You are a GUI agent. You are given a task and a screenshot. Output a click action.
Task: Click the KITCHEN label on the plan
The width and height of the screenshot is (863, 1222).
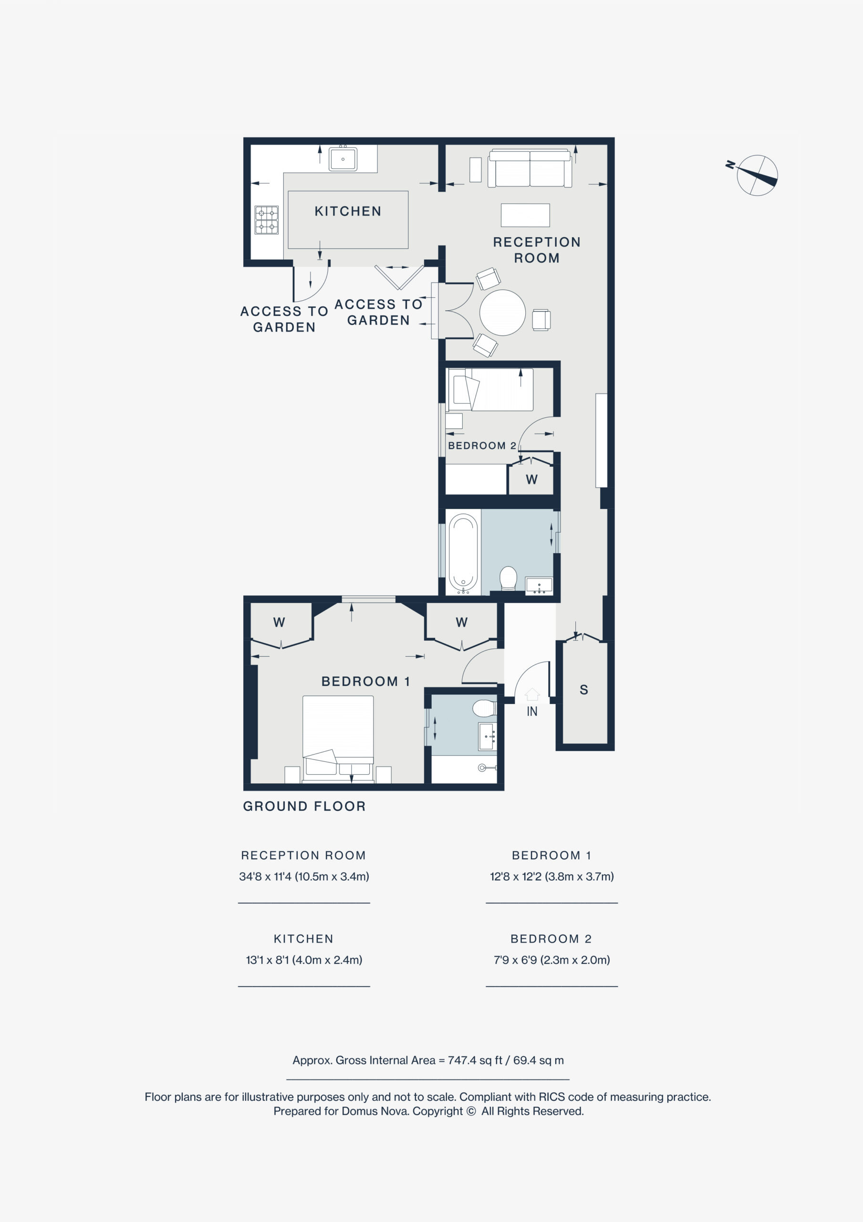coord(348,211)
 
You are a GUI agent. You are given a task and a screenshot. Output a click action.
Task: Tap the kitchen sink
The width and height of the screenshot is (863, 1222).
coord(343,158)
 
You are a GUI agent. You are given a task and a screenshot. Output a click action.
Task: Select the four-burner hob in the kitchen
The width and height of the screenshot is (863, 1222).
coord(267,220)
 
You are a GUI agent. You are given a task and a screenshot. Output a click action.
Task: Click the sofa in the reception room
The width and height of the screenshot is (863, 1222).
coord(530,168)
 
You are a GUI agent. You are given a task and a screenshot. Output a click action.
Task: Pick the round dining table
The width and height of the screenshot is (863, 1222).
coord(502,312)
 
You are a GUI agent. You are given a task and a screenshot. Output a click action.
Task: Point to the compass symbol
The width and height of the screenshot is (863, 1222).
coord(757,175)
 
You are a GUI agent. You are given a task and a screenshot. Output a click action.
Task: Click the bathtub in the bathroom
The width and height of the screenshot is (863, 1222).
coord(463,554)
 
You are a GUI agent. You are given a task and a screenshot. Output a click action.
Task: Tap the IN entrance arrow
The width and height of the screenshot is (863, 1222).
coord(532,694)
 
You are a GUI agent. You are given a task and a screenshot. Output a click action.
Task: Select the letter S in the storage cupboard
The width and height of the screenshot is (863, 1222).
coord(583,690)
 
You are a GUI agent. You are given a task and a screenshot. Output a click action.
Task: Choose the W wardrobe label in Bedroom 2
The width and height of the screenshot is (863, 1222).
coord(531,480)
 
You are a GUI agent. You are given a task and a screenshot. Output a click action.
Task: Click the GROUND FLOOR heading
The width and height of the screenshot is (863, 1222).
coord(304,806)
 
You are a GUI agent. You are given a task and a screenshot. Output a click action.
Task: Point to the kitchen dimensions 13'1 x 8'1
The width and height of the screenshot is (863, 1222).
coord(304,960)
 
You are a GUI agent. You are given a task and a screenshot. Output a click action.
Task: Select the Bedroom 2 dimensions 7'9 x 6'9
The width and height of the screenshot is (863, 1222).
coord(552,960)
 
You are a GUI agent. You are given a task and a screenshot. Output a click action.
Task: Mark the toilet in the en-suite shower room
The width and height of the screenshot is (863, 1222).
coord(484,708)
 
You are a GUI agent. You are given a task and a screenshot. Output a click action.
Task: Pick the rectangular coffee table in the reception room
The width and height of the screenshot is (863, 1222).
coord(525,215)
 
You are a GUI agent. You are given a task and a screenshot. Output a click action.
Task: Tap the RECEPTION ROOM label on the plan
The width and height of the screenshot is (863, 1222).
coord(537,250)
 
